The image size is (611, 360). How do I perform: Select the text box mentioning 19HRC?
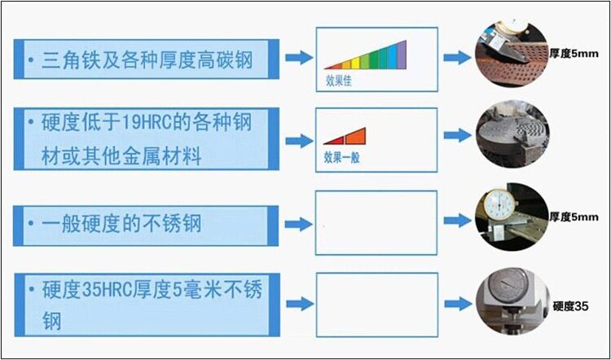147,139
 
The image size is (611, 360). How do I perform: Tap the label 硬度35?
569,306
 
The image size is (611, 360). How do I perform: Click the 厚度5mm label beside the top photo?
574,52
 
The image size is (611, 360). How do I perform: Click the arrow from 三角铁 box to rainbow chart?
299,59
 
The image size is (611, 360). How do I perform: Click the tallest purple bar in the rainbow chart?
401,54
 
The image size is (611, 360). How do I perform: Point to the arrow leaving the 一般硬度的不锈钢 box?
299,222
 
